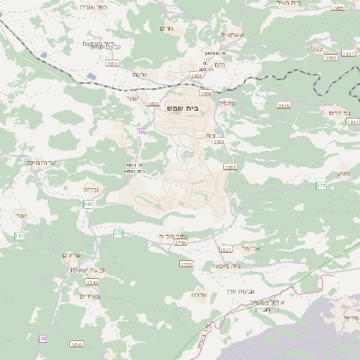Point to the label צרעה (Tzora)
139,75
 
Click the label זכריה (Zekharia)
91,189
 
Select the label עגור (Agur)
22,214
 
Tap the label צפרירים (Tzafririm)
87,295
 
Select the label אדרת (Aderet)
200,294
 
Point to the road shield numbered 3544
91,283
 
